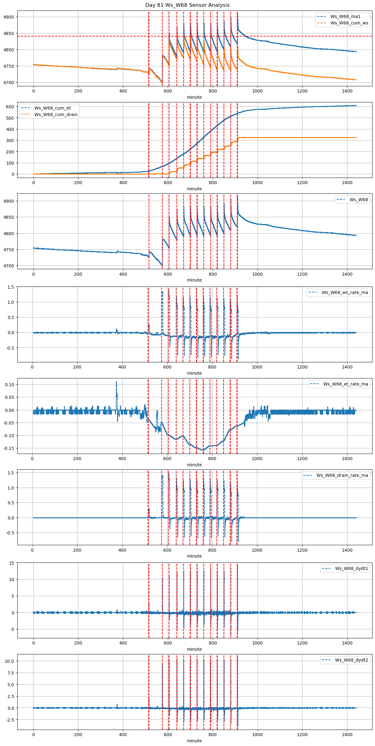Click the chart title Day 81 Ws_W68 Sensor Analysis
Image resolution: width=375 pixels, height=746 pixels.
[187, 5]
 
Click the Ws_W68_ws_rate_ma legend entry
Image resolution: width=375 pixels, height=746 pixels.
[345, 292]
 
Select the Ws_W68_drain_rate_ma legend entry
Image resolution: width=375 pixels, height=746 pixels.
[342, 475]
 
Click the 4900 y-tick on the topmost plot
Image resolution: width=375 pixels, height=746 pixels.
[9, 17]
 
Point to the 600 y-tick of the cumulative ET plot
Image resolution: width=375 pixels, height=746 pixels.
[10, 107]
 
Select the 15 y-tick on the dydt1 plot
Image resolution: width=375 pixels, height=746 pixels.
[11, 563]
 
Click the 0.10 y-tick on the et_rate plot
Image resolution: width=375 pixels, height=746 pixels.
[9, 385]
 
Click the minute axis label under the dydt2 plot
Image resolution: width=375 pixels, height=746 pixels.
[194, 741]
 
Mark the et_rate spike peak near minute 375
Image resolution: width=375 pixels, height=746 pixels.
[116, 382]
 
